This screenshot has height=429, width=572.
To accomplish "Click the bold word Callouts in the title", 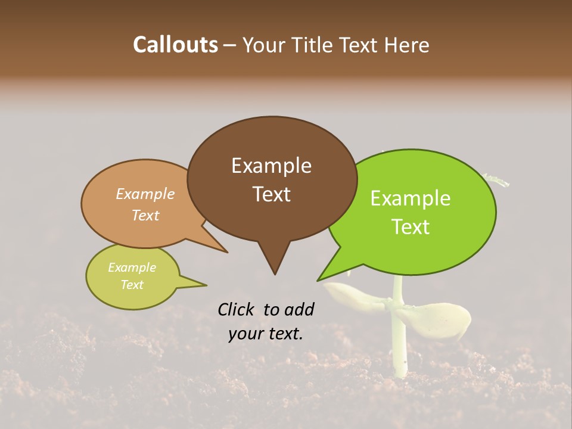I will click(x=175, y=45).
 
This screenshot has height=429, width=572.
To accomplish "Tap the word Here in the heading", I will click(x=407, y=45).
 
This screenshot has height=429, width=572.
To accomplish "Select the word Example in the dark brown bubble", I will click(x=271, y=166).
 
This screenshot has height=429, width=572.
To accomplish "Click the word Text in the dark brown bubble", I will click(x=271, y=194).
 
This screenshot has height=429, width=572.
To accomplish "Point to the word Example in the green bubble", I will click(x=411, y=198).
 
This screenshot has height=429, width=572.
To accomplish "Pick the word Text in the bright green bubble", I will click(x=411, y=227).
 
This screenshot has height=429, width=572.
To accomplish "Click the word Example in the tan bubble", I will click(x=145, y=194).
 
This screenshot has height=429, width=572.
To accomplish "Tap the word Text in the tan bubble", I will click(x=145, y=215).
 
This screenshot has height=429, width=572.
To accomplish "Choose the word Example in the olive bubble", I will click(x=132, y=268).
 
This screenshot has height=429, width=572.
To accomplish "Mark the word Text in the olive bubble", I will click(x=132, y=285).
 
